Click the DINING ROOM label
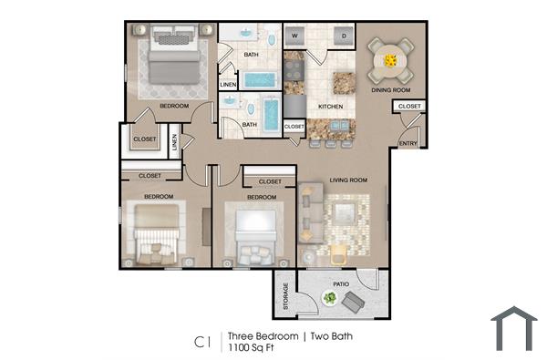tap(390, 90)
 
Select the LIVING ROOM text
tap(347, 180)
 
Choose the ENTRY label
tap(408, 143)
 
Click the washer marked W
tap(295, 36)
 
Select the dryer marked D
tap(345, 36)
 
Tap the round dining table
tap(390, 60)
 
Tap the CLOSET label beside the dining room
tap(408, 107)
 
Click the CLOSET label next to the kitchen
tap(294, 127)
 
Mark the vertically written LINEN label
tap(175, 143)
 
